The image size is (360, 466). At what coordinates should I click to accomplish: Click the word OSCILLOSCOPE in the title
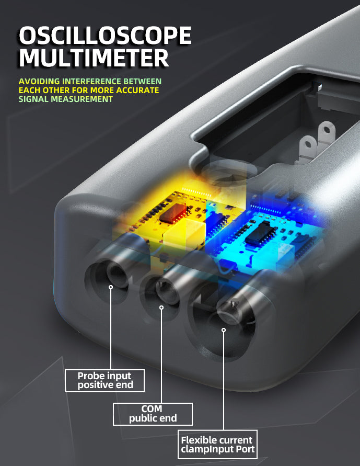(105, 36)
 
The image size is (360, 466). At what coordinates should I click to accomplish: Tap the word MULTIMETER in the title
(94, 58)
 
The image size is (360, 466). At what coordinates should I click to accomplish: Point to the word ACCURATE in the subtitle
(137, 90)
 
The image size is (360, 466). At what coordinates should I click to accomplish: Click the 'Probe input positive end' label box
(105, 380)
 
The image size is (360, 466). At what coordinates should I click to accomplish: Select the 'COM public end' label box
(153, 414)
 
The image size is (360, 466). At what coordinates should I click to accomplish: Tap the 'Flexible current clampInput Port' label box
(217, 445)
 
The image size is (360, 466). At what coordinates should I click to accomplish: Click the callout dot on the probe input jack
(111, 287)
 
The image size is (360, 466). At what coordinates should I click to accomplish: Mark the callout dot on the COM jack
(161, 308)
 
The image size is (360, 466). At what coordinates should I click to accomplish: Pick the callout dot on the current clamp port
(224, 330)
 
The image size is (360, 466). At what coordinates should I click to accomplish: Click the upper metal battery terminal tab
(326, 133)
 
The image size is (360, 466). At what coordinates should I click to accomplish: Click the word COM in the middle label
(152, 409)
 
